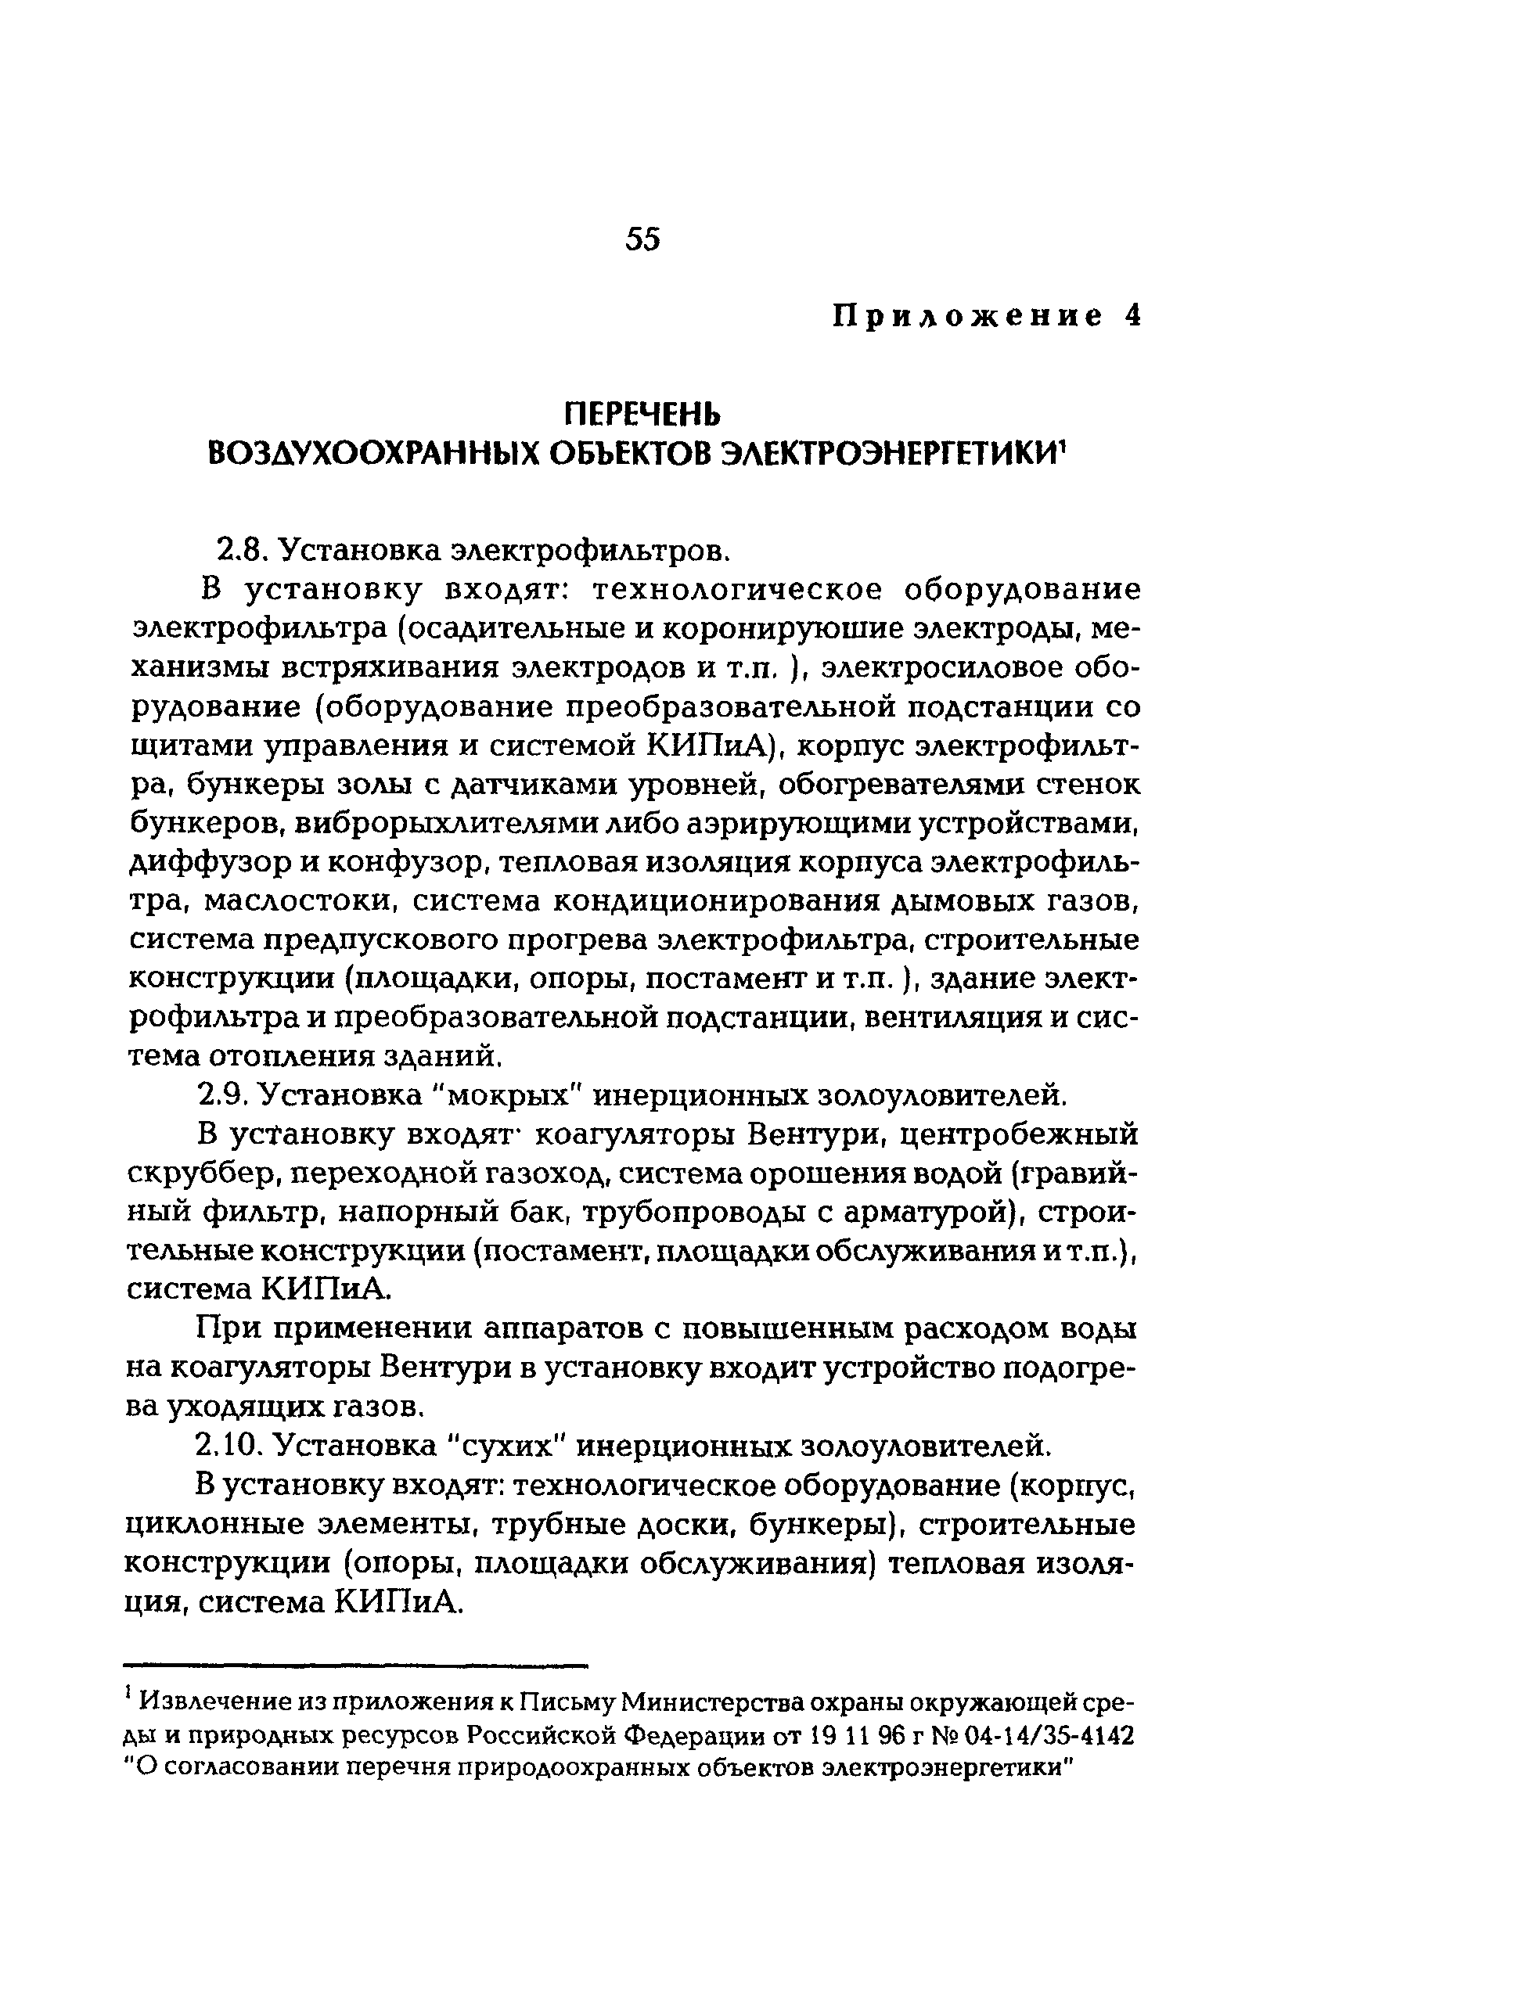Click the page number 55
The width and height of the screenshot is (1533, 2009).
click(x=642, y=240)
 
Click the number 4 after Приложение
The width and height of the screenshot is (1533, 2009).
click(x=1132, y=317)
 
